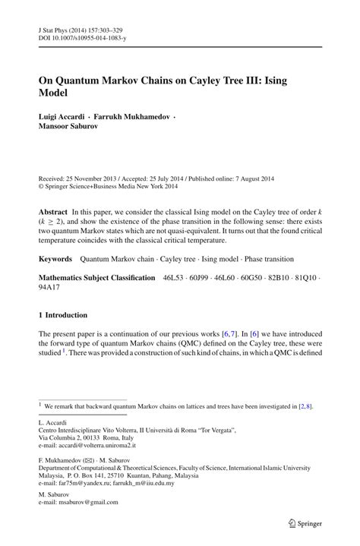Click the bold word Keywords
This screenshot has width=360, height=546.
[x=59, y=259]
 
